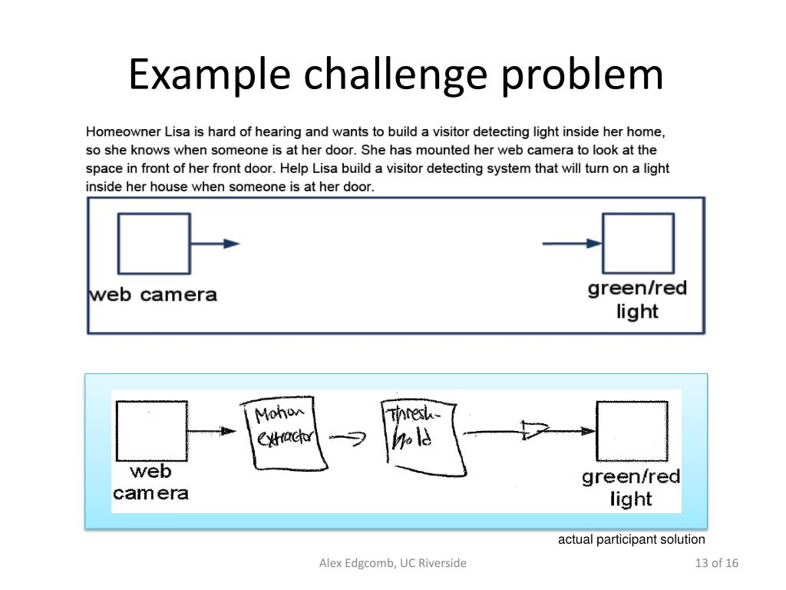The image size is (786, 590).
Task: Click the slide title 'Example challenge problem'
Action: pyautogui.click(x=395, y=75)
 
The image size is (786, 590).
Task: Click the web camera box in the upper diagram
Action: pyautogui.click(x=154, y=244)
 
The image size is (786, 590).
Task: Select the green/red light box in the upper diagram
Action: pyautogui.click(x=638, y=244)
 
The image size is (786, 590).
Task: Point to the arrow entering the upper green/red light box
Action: pyautogui.click(x=572, y=244)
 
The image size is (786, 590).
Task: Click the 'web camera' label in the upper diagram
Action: pyautogui.click(x=154, y=294)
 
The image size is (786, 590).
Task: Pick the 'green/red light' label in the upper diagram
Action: pyautogui.click(x=637, y=300)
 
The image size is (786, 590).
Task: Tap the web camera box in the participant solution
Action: pyautogui.click(x=150, y=431)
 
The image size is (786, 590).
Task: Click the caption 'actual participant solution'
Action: pyautogui.click(x=631, y=539)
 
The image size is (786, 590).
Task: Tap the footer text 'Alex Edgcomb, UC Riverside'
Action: pyautogui.click(x=392, y=564)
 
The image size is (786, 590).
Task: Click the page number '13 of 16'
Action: pyautogui.click(x=715, y=564)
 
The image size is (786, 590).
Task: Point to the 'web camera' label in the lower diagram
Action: pyautogui.click(x=150, y=482)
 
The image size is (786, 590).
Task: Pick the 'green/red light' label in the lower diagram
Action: pyautogui.click(x=631, y=488)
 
